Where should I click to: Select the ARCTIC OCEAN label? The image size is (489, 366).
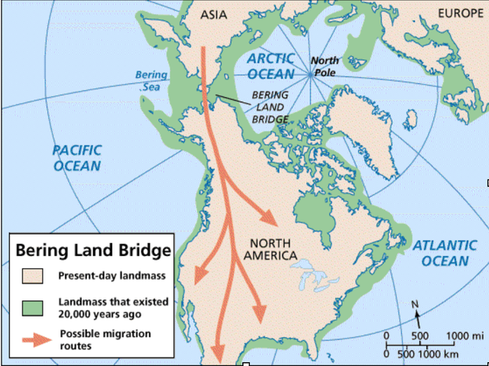point(272,66)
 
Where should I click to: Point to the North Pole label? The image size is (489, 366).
point(329,65)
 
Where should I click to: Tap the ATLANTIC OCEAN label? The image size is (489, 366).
point(441,253)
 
